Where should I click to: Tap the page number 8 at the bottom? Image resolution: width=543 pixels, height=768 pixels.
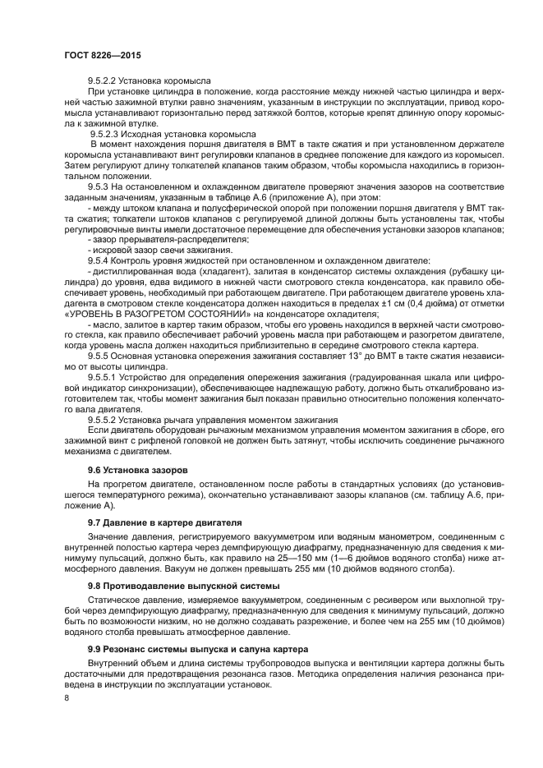67,697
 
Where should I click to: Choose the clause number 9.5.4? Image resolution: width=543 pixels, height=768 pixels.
100,260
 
